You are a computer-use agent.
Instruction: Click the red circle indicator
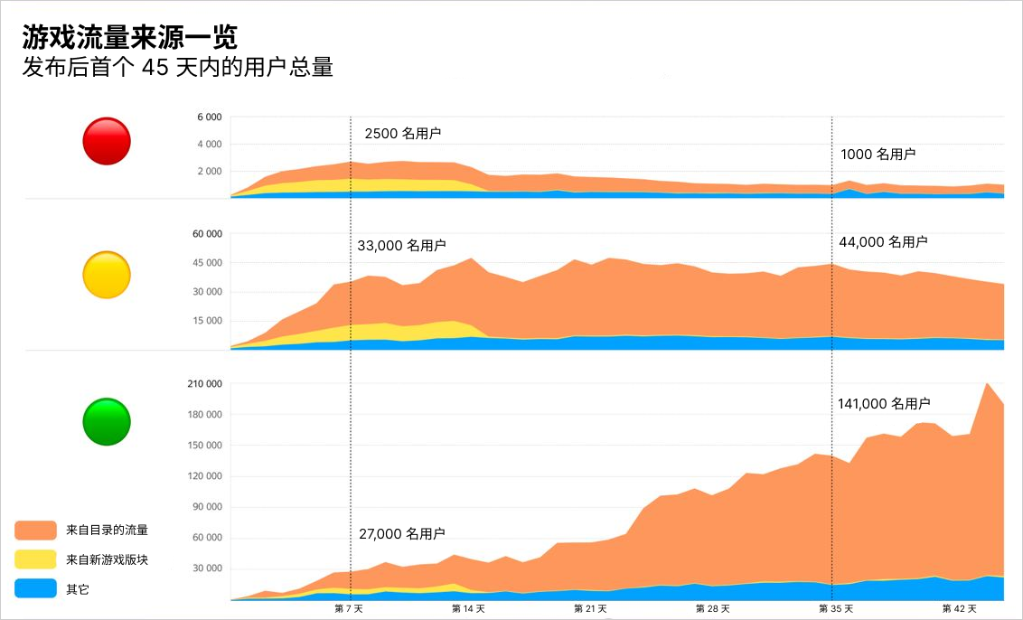coord(107,141)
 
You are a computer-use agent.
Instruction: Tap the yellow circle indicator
coord(107,275)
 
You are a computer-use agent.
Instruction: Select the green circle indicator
coord(107,421)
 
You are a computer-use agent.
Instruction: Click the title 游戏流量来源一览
coord(130,37)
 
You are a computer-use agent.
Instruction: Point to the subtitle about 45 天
coord(178,68)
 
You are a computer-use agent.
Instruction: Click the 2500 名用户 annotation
coord(403,134)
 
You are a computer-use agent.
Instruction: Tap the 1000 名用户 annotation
coord(878,155)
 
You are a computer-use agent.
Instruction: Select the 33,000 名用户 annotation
coord(401,246)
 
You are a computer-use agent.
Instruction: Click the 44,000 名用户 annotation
coord(883,242)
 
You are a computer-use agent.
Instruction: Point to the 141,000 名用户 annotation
coord(884,404)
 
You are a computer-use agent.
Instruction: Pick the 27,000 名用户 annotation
coord(401,534)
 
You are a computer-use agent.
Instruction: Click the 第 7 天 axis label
coord(350,609)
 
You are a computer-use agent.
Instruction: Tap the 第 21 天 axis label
coord(589,609)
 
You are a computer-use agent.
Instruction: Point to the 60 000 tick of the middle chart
coord(207,234)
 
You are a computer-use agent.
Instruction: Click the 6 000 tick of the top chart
coord(209,117)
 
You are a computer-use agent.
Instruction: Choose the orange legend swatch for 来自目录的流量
coord(36,530)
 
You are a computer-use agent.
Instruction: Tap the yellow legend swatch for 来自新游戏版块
coord(36,559)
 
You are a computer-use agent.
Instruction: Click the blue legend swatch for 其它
coord(36,589)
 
